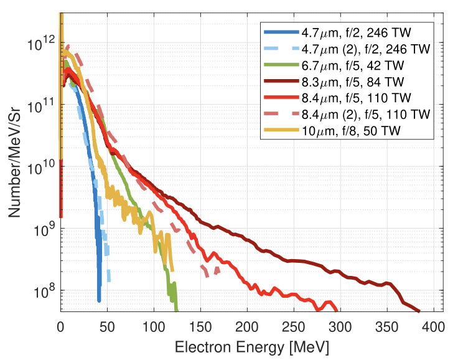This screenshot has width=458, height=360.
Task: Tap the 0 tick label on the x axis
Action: (60, 325)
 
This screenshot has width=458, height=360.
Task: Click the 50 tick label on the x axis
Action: (107, 325)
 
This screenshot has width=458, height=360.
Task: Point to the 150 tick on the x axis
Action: (200, 325)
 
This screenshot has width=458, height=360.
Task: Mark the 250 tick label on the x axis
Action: (294, 325)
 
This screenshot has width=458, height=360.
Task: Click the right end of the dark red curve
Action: (419, 310)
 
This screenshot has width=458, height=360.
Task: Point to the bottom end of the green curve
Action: (177, 310)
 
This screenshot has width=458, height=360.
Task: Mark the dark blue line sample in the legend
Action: (281, 31)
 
